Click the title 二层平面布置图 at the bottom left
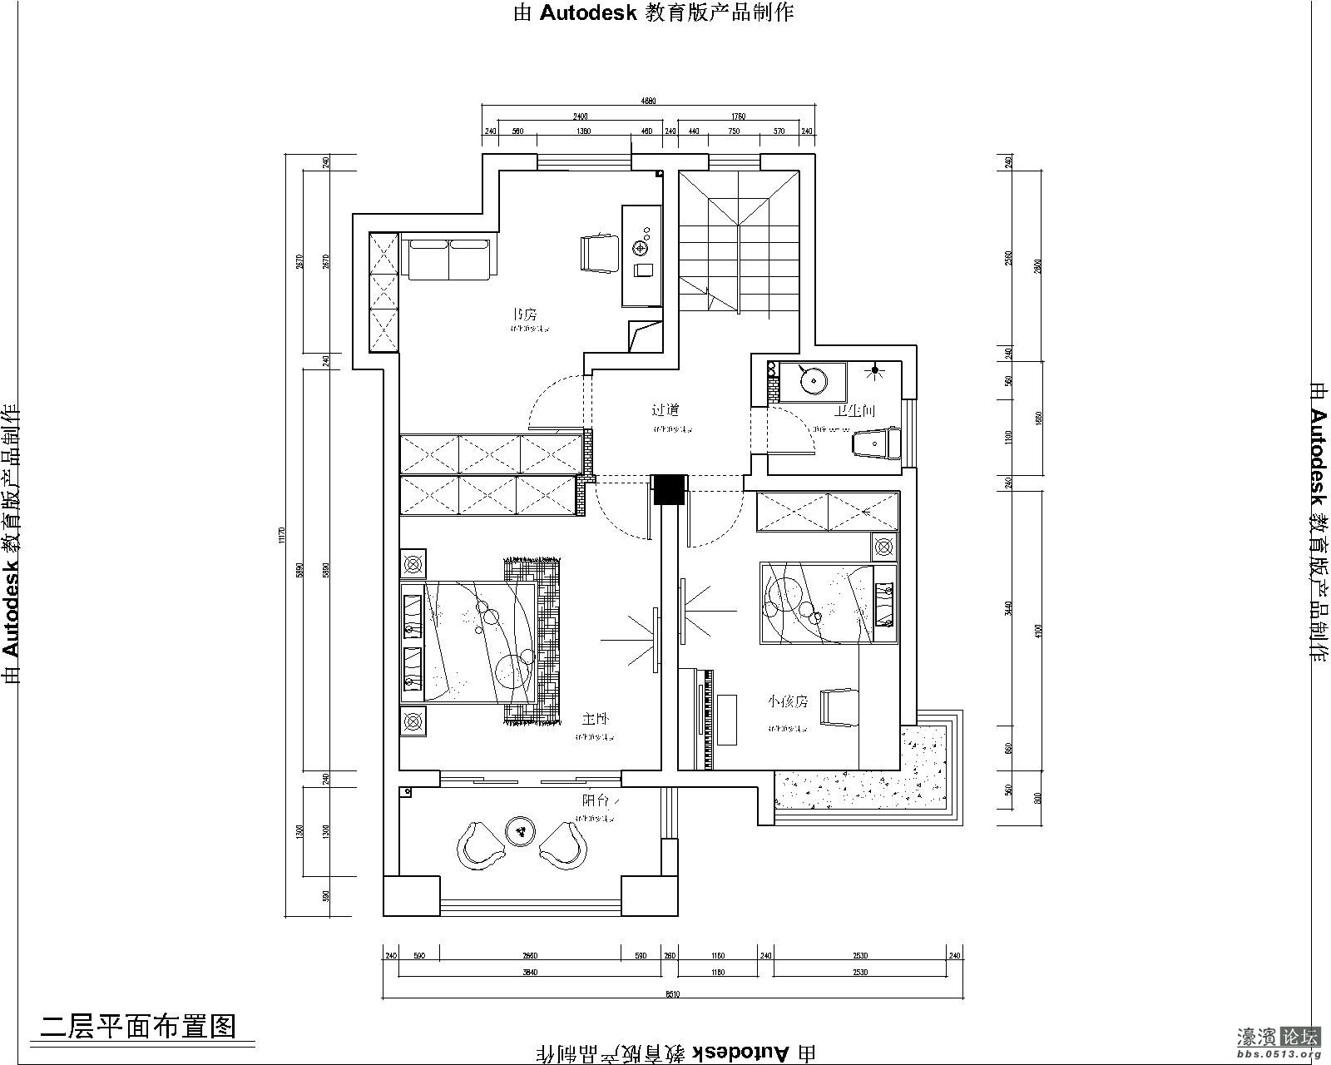coord(138,1025)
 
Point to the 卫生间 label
coord(854,410)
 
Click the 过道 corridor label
coord(665,410)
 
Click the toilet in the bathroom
coord(877,443)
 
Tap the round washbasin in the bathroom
coord(812,381)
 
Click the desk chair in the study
coord(599,253)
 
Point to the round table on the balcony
coord(521,830)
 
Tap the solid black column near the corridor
coord(667,489)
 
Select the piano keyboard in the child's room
coord(708,719)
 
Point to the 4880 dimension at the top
coord(648,101)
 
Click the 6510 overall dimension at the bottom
coord(672,993)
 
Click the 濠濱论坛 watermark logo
coord(1278,1038)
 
